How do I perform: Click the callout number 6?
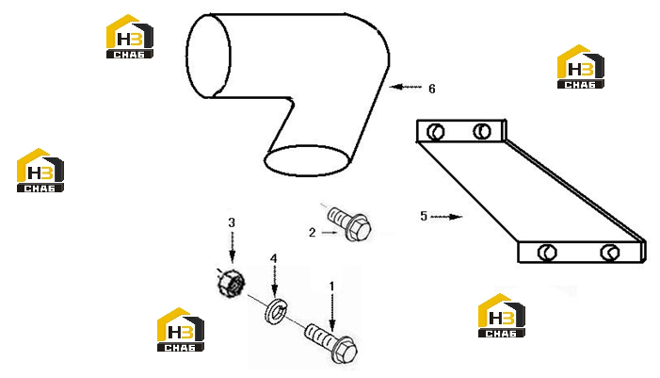(x=432, y=89)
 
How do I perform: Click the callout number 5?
(x=424, y=216)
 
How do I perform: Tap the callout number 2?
(x=312, y=232)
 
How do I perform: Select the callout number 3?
(x=232, y=222)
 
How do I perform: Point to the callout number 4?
(x=274, y=258)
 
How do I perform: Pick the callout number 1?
(x=331, y=287)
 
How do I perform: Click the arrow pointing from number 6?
(x=406, y=87)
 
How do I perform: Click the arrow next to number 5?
(x=446, y=217)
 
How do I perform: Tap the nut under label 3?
(x=231, y=283)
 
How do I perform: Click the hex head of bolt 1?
(x=345, y=350)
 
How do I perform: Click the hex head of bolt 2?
(x=359, y=227)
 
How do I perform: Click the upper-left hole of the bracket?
(x=435, y=132)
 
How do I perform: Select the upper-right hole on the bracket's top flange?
(x=481, y=131)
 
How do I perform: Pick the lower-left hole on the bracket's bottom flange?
(x=547, y=253)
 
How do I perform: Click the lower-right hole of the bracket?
(x=610, y=253)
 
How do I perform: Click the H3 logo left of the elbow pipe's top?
(x=129, y=36)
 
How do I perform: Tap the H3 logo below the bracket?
(x=501, y=315)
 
